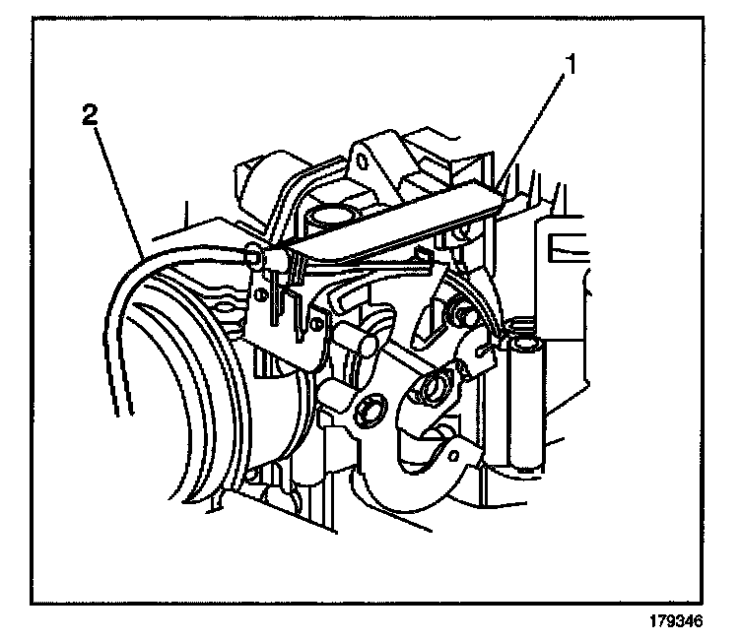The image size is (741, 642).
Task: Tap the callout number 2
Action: pyautogui.click(x=89, y=115)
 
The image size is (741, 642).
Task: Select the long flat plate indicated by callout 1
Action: pyautogui.click(x=394, y=228)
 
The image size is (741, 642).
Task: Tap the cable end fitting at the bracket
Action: pyautogui.click(x=254, y=256)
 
